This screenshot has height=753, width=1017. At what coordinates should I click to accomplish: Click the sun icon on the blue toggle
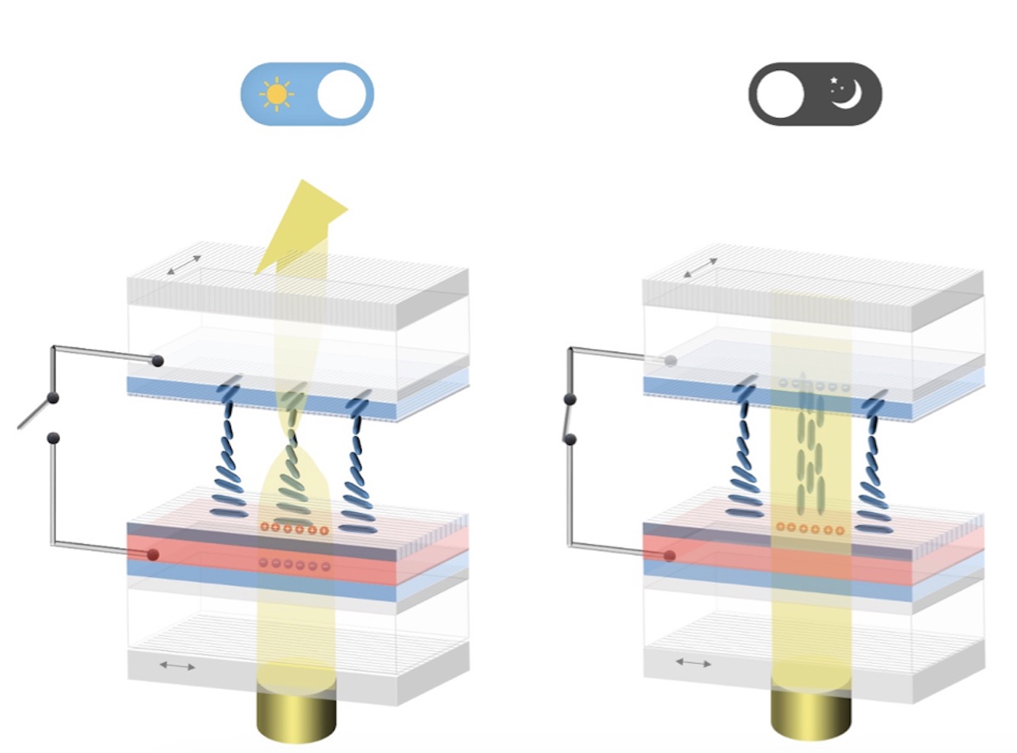276,95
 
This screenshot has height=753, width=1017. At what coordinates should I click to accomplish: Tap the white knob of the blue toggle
342,95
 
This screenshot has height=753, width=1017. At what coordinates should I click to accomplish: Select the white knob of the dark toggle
779,95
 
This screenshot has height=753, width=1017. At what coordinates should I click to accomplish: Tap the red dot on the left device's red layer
153,555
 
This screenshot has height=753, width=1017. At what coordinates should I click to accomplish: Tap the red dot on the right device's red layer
669,556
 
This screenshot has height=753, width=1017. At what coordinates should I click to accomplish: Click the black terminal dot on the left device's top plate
158,360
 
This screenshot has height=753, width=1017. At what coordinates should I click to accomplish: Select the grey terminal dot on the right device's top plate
671,360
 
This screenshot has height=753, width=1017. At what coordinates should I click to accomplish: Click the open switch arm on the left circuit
34,412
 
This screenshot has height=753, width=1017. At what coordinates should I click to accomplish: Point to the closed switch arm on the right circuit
569,419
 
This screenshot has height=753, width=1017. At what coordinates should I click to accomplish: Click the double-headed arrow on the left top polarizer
184,264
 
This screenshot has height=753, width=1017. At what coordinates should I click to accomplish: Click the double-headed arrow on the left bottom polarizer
177,666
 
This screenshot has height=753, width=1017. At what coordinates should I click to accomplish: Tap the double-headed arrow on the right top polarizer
700,268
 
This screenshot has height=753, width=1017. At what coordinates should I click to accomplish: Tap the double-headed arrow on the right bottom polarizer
693,663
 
